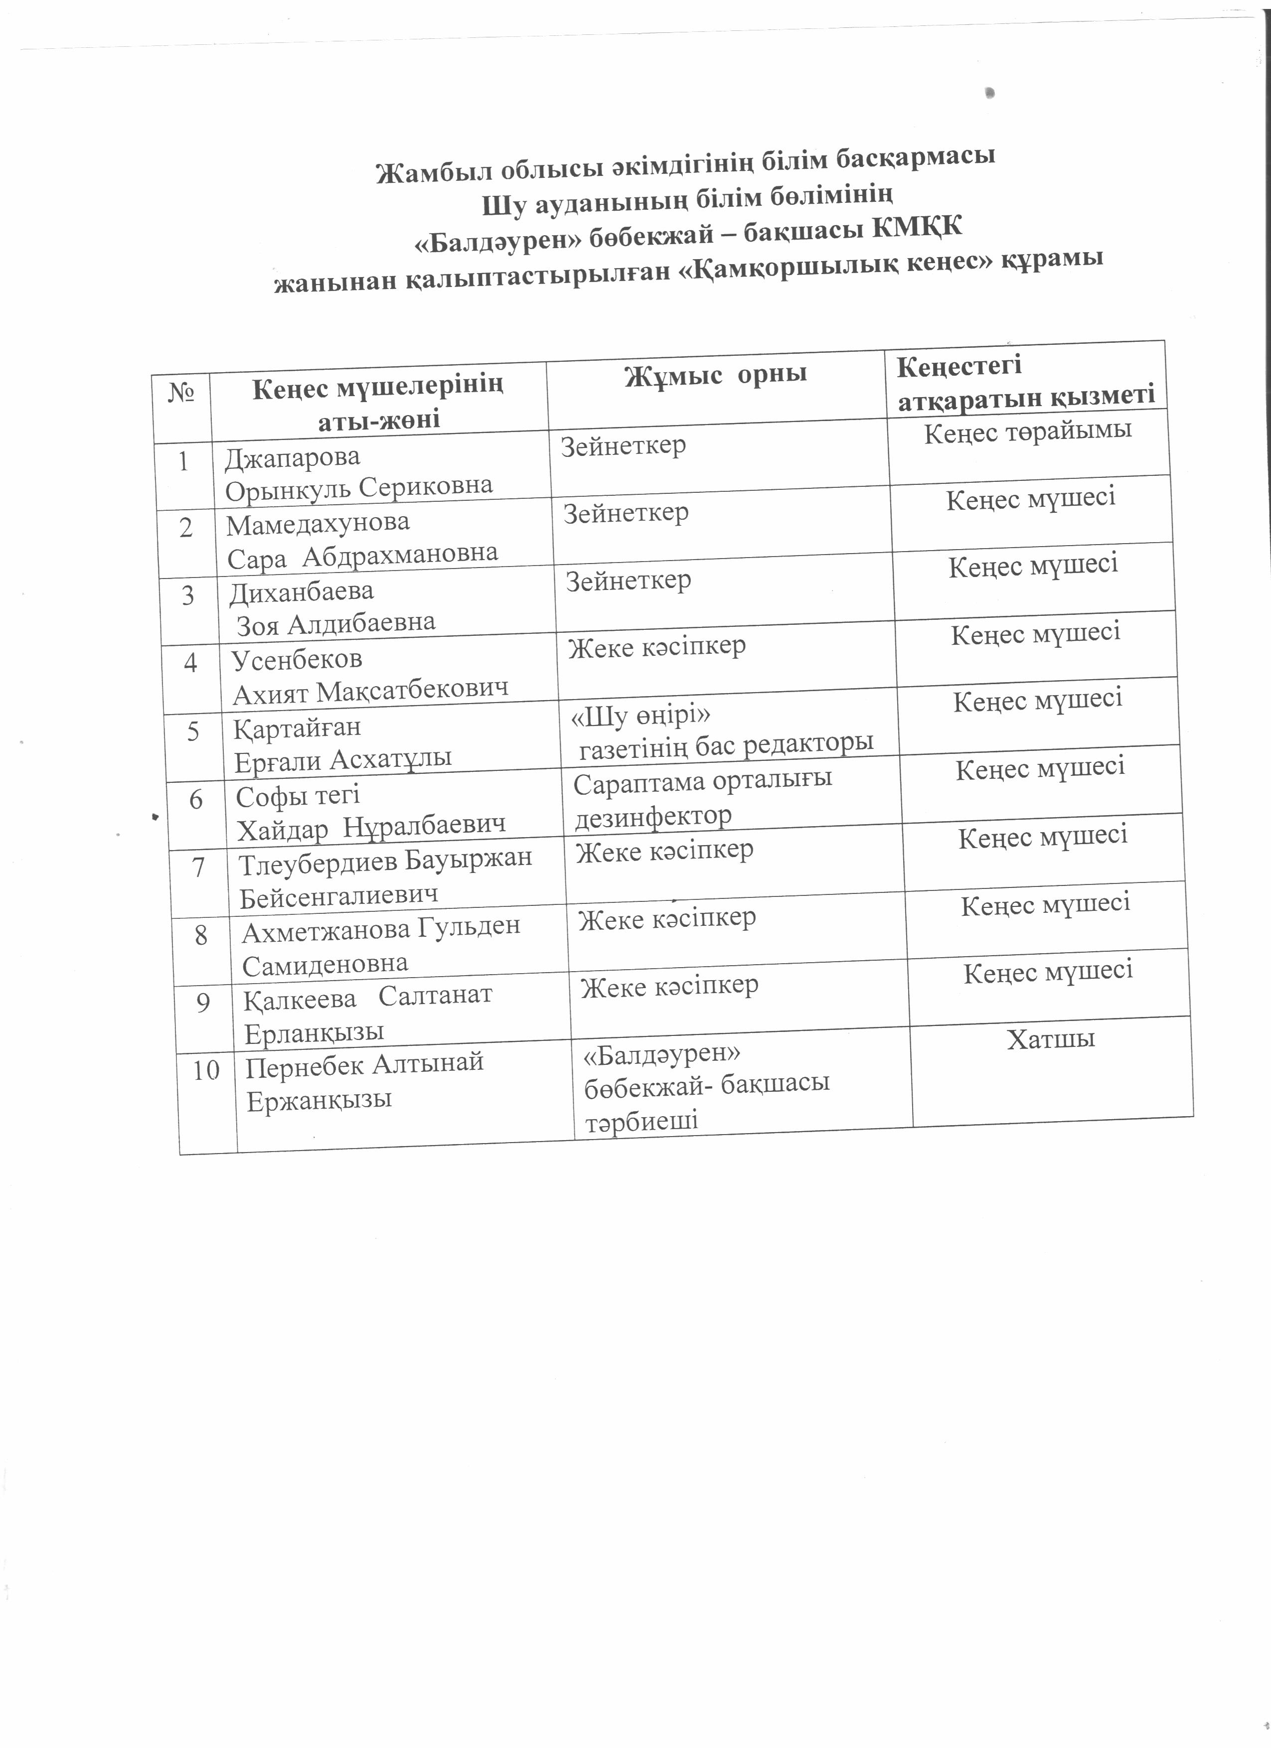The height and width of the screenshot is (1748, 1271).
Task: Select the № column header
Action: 180,395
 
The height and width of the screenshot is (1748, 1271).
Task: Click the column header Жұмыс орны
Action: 715,375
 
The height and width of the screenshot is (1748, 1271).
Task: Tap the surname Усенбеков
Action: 297,660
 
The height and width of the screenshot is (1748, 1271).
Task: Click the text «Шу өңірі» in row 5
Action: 640,717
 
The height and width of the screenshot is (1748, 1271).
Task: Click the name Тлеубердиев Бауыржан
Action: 385,859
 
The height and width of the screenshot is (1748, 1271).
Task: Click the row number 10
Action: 206,1070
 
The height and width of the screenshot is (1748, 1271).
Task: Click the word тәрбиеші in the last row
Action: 641,1122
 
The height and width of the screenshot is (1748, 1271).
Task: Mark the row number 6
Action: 196,800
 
